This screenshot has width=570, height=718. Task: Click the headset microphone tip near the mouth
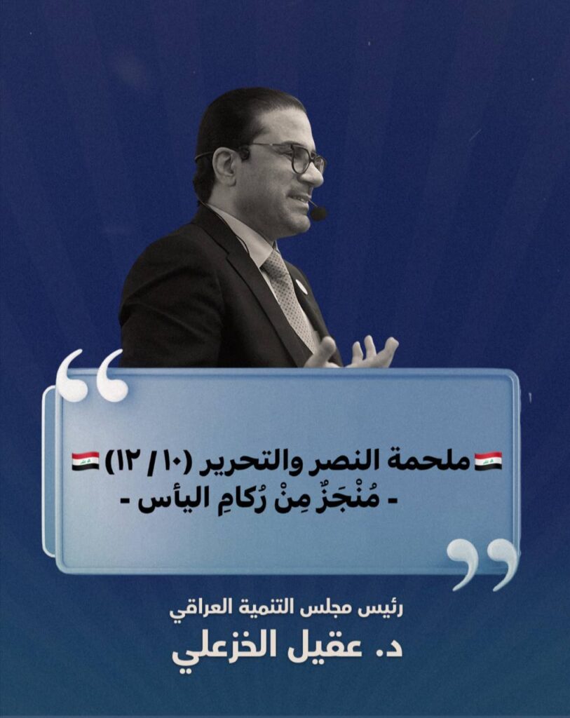(318, 213)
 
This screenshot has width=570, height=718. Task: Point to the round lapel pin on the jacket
(301, 287)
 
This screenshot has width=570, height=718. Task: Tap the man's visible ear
(225, 169)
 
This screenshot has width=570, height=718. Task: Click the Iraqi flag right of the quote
(488, 461)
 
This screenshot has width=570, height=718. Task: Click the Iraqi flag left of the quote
(85, 461)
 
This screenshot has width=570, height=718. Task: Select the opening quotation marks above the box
(92, 376)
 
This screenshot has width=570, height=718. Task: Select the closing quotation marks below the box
(482, 564)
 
